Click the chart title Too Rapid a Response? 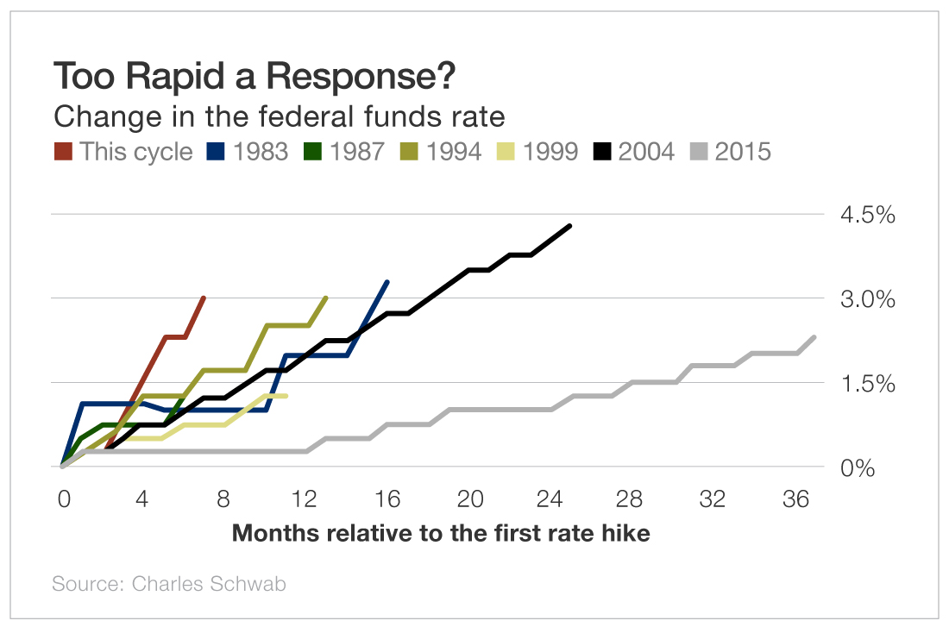(x=255, y=77)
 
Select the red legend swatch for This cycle (x=63, y=152)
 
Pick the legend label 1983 (x=259, y=152)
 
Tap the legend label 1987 (x=355, y=152)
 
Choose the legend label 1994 (x=452, y=152)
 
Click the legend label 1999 (x=549, y=152)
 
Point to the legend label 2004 (x=645, y=152)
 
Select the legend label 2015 (x=742, y=152)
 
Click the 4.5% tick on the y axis (x=868, y=215)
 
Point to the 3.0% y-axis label (x=868, y=299)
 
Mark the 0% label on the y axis (x=858, y=467)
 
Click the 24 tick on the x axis (x=550, y=500)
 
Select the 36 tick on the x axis (x=794, y=500)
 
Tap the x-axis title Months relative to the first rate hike (x=441, y=533)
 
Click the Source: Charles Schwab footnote (x=169, y=584)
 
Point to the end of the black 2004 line (x=570, y=226)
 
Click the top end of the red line (x=204, y=298)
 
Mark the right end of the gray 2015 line (x=814, y=337)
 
